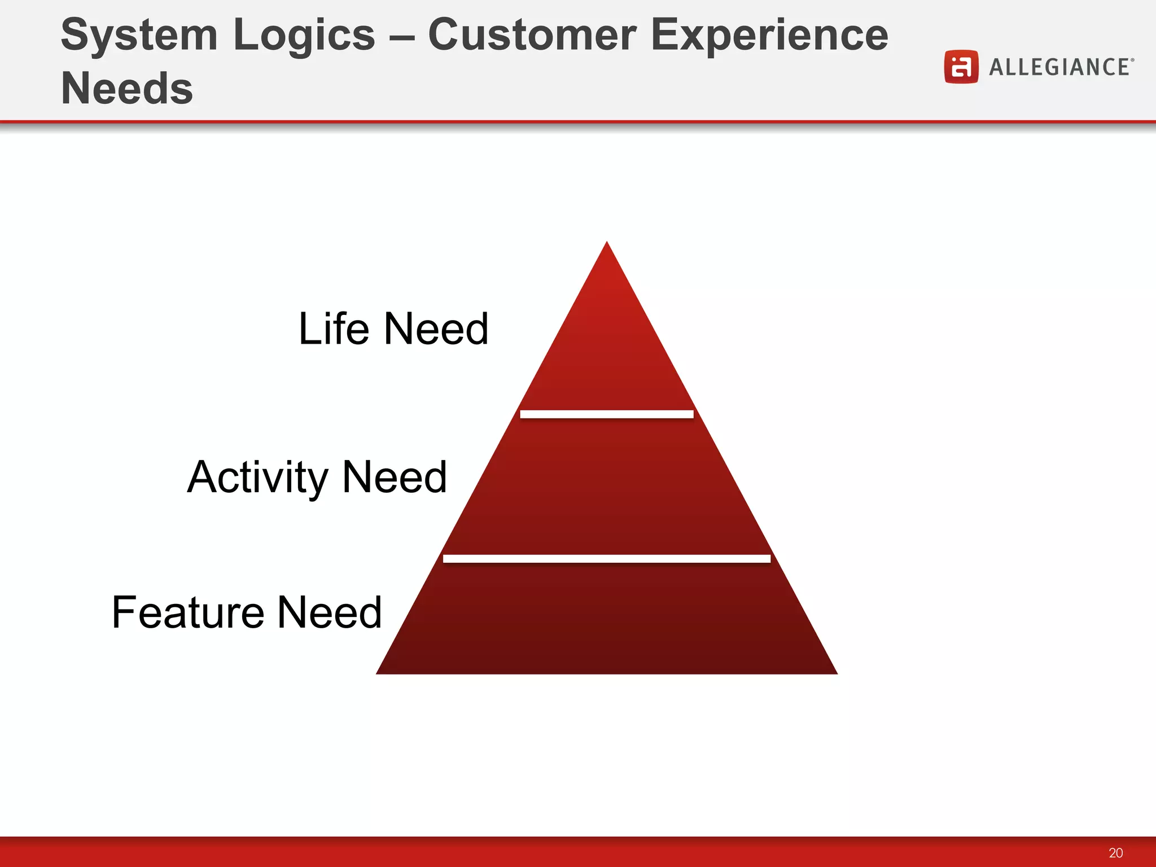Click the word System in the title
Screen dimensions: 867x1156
point(139,35)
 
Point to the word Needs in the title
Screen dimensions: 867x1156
point(126,89)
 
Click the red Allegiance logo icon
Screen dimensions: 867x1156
point(961,67)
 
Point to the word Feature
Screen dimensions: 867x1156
point(188,612)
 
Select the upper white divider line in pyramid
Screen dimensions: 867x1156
point(607,414)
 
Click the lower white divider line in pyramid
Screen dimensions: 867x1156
point(607,558)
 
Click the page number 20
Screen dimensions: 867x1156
point(1115,852)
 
